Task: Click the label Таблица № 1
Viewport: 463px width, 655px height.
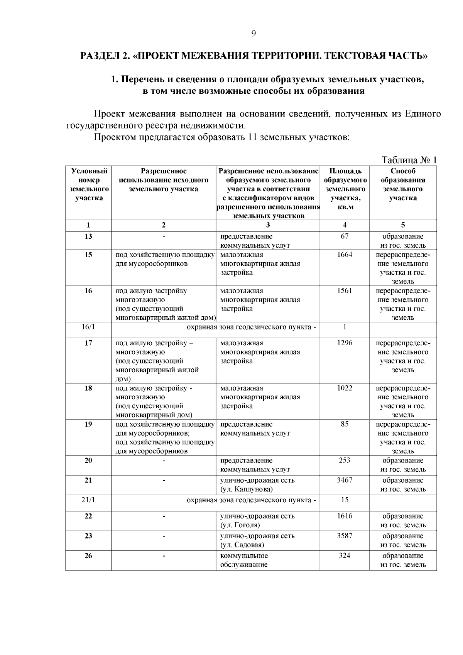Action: point(409,160)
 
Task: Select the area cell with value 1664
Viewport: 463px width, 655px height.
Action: point(345,255)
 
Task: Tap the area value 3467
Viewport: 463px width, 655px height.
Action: point(345,480)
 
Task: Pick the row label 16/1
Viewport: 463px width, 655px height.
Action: point(88,327)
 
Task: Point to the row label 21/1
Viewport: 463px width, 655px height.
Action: point(88,500)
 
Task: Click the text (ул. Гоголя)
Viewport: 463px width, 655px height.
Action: point(240,525)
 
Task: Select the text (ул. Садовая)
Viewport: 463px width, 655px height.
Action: point(242,545)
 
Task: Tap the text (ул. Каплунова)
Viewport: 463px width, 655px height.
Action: point(247,490)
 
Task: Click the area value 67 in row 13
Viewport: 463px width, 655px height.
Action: point(345,236)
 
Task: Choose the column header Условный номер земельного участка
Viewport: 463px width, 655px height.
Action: point(89,184)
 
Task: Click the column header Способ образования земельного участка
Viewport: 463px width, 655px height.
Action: point(403,184)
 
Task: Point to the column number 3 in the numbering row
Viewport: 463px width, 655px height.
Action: point(268,225)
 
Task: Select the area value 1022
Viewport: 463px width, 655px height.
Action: point(345,388)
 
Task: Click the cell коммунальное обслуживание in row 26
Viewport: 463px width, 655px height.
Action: point(244,560)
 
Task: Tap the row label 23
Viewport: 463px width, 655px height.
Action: point(88,536)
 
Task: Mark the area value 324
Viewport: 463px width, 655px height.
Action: point(345,556)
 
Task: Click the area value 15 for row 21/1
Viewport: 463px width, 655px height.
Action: point(345,500)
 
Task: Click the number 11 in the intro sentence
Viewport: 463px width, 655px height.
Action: point(252,137)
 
